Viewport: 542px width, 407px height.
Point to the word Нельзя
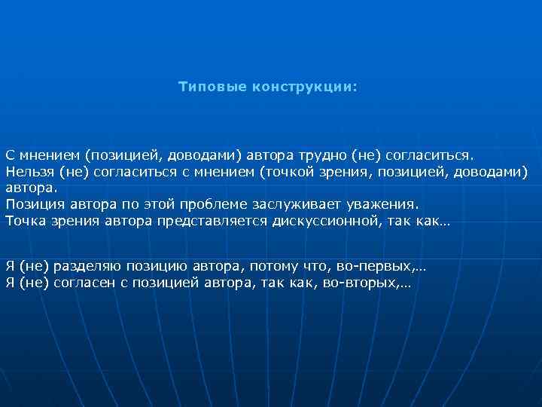[29, 171]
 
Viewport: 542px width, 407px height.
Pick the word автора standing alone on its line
[30, 188]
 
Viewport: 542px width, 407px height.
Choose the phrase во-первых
[377, 266]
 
